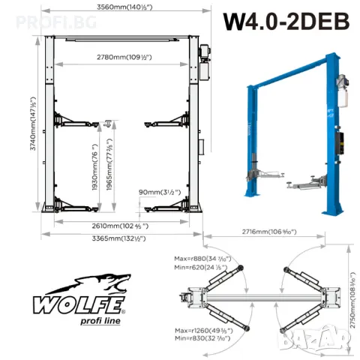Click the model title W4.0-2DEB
(x=285, y=21)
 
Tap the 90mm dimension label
(x=160, y=192)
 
